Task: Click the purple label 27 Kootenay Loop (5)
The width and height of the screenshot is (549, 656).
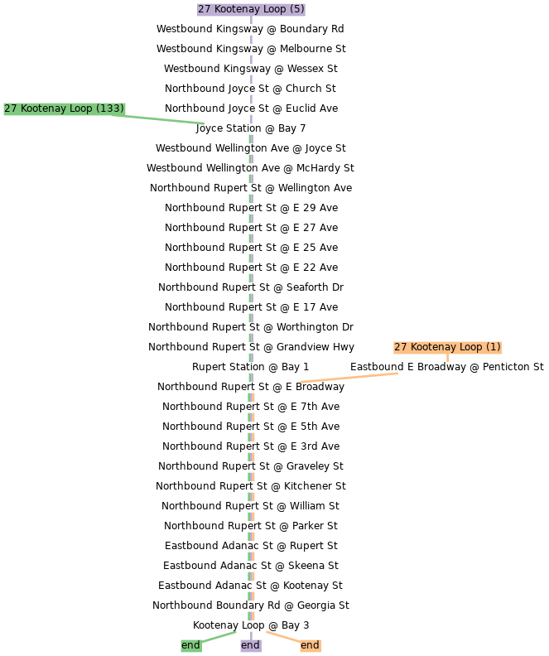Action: pos(251,9)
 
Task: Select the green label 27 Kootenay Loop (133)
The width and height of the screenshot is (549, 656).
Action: pos(64,109)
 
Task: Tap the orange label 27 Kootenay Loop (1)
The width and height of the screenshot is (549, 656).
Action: pos(447,347)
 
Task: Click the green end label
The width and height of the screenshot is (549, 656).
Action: pos(190,645)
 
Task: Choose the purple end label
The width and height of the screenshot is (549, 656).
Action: pos(250,645)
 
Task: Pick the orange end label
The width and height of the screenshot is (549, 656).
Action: pos(310,645)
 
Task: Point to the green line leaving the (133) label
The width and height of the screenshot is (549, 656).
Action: pos(166,119)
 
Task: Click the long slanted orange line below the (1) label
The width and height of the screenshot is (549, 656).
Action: pos(349,378)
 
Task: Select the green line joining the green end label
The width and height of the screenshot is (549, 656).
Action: pos(219,637)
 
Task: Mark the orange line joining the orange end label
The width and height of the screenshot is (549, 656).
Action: pos(282,637)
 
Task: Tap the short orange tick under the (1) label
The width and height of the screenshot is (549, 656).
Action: pos(447,358)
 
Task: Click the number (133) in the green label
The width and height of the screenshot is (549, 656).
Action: pos(110,109)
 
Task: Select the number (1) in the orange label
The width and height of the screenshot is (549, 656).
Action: pos(493,347)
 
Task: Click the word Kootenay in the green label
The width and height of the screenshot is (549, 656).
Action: pos(46,109)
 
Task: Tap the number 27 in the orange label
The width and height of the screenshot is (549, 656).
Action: pos(400,347)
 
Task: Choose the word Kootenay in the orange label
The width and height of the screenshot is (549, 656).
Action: pos(433,347)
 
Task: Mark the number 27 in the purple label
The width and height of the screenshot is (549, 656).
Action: pos(204,9)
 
